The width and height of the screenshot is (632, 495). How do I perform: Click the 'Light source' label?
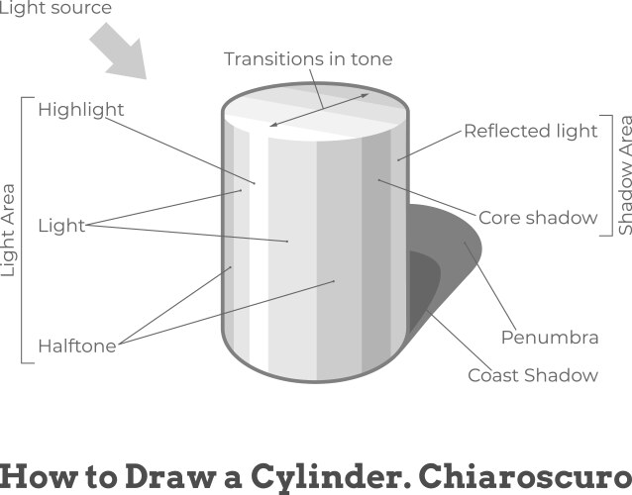coord(55,8)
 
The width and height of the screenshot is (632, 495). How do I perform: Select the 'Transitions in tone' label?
coord(307,59)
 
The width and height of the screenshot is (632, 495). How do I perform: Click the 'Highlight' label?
coord(81,109)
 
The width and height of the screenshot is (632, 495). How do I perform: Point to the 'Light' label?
coord(61,226)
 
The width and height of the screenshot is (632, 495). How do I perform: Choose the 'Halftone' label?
coord(77,346)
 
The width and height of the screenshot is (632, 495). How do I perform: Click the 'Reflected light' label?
coord(531,131)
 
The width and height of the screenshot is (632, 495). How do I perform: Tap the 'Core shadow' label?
coord(538,218)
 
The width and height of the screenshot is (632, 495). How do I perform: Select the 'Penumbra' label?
coord(550,338)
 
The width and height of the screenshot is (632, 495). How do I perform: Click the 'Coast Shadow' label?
coord(533,375)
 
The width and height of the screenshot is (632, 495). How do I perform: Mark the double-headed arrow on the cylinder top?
coord(319,110)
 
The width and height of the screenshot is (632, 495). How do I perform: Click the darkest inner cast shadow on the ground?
coord(423,287)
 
